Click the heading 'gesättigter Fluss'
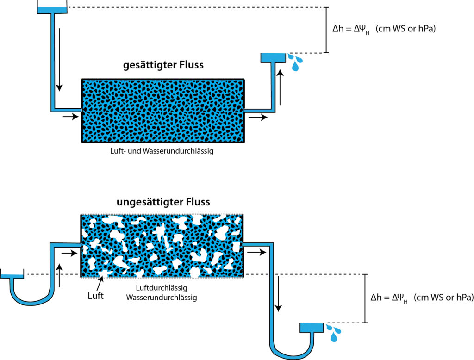(x=163, y=65)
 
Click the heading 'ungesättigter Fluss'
(x=163, y=202)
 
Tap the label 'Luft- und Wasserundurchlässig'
(x=163, y=151)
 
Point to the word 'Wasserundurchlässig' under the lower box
(x=162, y=298)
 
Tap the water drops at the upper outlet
(x=294, y=62)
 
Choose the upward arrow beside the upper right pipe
(x=279, y=88)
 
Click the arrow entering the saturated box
(x=71, y=117)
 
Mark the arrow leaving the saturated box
(x=258, y=118)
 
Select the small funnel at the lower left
(x=12, y=277)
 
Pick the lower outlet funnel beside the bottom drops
(x=311, y=328)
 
